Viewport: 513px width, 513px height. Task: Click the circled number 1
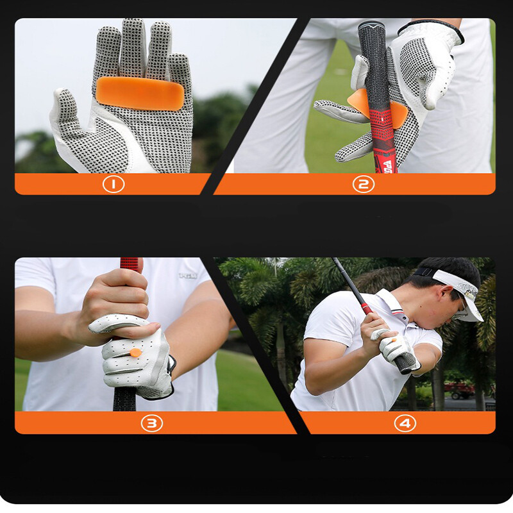[x=114, y=185]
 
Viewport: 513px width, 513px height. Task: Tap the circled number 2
[x=363, y=185]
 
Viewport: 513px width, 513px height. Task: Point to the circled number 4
[x=405, y=423]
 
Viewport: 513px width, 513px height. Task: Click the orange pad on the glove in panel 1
[x=140, y=93]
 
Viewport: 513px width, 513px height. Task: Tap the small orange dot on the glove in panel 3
[x=135, y=352]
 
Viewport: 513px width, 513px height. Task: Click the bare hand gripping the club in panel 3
[x=119, y=301]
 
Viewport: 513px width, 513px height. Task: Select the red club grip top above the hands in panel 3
[x=130, y=263]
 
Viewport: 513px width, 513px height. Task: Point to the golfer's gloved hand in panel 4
[x=392, y=346]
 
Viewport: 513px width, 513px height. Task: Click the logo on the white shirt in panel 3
[x=188, y=275]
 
